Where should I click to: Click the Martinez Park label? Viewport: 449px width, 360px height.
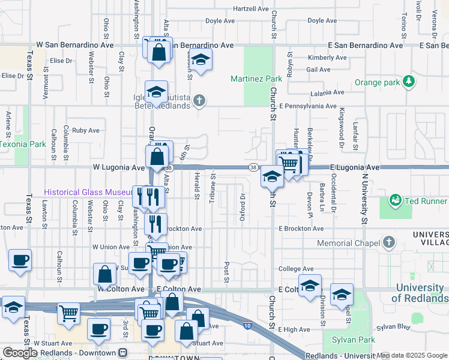(x=256, y=79)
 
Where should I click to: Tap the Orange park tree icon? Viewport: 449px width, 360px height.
(x=409, y=81)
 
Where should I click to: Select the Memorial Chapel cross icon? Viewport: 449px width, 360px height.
(x=389, y=242)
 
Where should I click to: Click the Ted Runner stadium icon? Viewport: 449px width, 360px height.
(x=395, y=200)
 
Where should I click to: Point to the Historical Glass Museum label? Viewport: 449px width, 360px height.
(x=88, y=192)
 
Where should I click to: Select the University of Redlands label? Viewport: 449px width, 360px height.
(x=421, y=293)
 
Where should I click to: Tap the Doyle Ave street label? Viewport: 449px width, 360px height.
(x=220, y=20)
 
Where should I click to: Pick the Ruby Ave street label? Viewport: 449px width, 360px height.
(x=85, y=130)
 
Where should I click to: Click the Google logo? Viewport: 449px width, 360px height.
(x=20, y=353)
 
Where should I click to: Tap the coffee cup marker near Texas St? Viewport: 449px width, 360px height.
(x=20, y=260)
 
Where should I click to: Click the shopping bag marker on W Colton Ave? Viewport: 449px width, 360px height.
(x=104, y=274)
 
